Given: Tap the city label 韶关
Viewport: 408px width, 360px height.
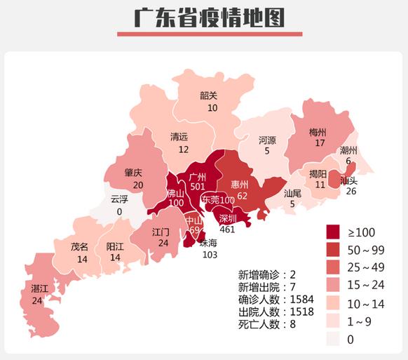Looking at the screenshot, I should coord(208,96).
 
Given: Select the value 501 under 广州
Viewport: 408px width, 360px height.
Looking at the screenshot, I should coord(198,187).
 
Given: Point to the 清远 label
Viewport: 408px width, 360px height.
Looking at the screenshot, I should coord(179,138).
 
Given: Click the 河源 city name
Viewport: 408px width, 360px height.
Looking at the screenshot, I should coord(267,140).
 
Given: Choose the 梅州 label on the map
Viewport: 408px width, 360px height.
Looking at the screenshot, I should coord(318,132).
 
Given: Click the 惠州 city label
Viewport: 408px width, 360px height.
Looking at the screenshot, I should coord(240,185).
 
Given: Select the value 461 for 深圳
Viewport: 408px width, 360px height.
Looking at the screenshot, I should coord(228,229).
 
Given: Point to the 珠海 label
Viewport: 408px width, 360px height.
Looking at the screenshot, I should coord(210,243).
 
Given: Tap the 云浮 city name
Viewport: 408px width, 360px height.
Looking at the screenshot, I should coord(119,199).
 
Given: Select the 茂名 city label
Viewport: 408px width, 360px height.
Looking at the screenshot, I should coord(79,247).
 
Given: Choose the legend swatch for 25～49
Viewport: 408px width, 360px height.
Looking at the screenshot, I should coord(337,267).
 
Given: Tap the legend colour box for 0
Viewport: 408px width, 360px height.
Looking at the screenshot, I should coord(337,338).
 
